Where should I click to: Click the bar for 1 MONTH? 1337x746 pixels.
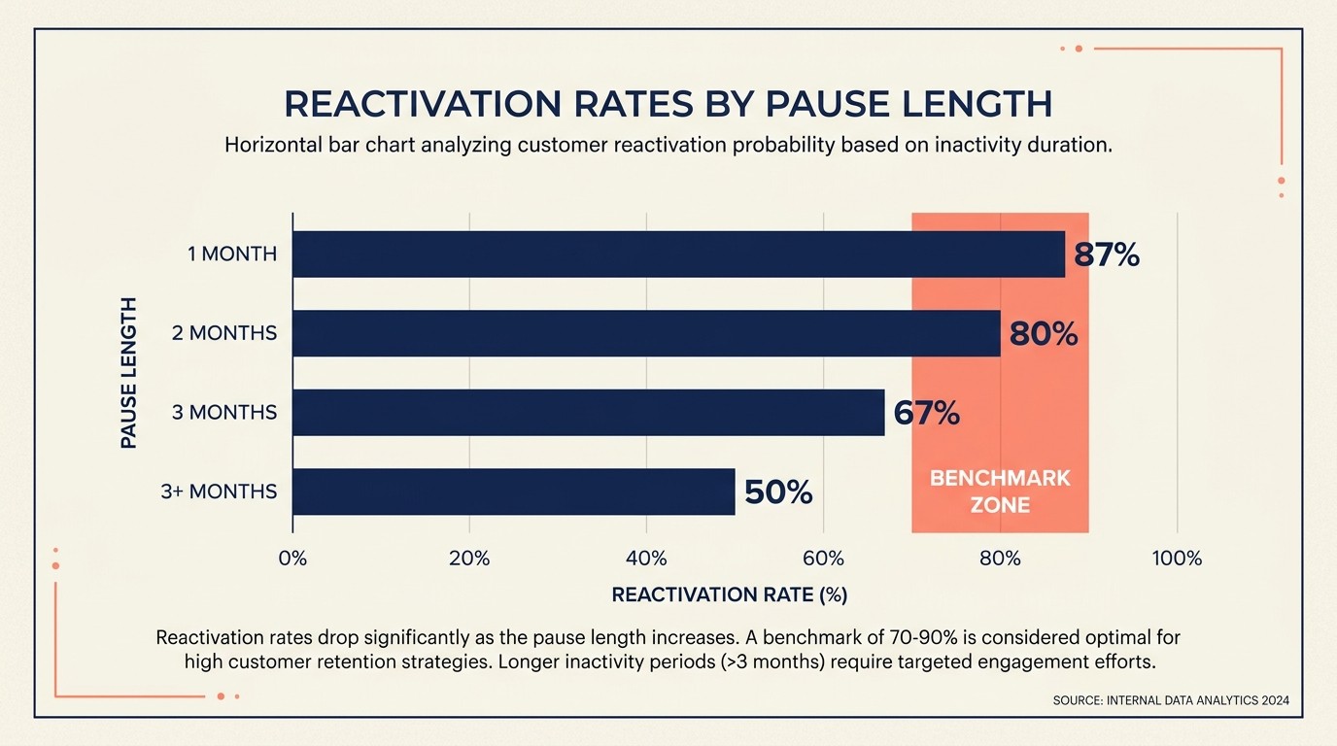(678, 254)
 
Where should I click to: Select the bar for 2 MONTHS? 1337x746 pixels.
(646, 333)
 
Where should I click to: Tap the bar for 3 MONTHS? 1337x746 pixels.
(588, 413)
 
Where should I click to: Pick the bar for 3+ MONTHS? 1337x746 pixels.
(513, 492)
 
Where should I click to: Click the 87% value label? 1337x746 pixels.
(1106, 255)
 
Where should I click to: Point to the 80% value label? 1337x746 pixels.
(1044, 334)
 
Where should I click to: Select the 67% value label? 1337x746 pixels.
(926, 414)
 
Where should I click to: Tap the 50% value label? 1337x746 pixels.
(778, 492)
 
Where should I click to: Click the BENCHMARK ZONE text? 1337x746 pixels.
(1000, 492)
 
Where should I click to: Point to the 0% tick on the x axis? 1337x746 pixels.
(292, 559)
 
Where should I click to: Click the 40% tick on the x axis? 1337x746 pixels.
(646, 559)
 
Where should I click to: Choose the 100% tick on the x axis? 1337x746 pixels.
(1177, 559)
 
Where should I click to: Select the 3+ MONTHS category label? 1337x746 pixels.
(219, 492)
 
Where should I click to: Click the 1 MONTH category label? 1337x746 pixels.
(232, 254)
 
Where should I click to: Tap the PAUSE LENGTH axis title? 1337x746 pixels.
(128, 373)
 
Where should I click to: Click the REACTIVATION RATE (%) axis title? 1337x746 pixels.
(730, 594)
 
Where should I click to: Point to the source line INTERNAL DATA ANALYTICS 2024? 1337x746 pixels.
(1171, 700)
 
